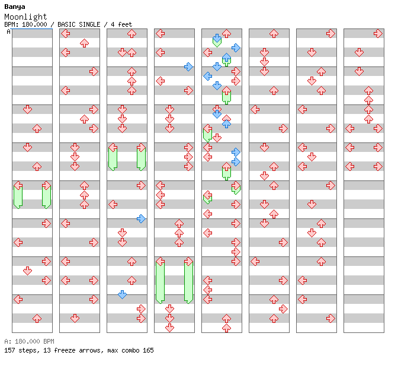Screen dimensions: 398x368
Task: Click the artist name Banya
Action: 15,7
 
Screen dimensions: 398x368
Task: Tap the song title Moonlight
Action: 25,17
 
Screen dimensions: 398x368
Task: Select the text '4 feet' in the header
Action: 121,24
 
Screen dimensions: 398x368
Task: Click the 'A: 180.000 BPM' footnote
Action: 29,341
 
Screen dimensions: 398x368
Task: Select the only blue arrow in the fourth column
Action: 188,67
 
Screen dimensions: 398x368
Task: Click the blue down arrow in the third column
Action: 123,294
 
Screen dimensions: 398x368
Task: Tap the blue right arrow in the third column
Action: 141,218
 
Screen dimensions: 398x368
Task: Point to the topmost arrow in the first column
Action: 27,110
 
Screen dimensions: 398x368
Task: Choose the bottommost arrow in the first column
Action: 37,318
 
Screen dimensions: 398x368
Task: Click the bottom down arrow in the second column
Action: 75,318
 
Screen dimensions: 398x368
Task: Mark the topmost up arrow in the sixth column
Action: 274,34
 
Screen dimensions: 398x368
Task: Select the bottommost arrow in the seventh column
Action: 330,318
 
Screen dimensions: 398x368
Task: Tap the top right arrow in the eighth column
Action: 378,34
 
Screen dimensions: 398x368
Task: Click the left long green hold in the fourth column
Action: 160,283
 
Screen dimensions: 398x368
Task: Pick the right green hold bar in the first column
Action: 46,197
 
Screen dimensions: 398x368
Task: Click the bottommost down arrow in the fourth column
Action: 169,328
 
